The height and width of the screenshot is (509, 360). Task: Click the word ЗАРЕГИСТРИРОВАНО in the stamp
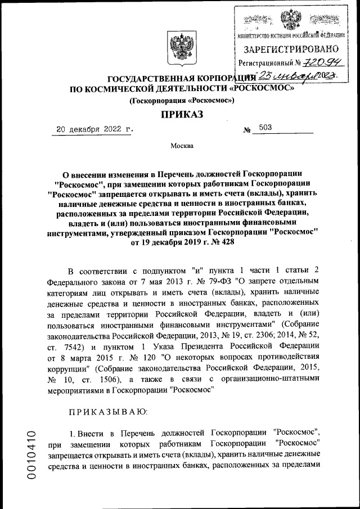click(x=291, y=49)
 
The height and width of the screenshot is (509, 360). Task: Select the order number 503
click(x=265, y=128)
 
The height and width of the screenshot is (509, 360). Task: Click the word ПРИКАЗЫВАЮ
click(x=107, y=413)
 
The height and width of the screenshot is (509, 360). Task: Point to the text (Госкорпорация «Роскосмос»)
click(x=181, y=100)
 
